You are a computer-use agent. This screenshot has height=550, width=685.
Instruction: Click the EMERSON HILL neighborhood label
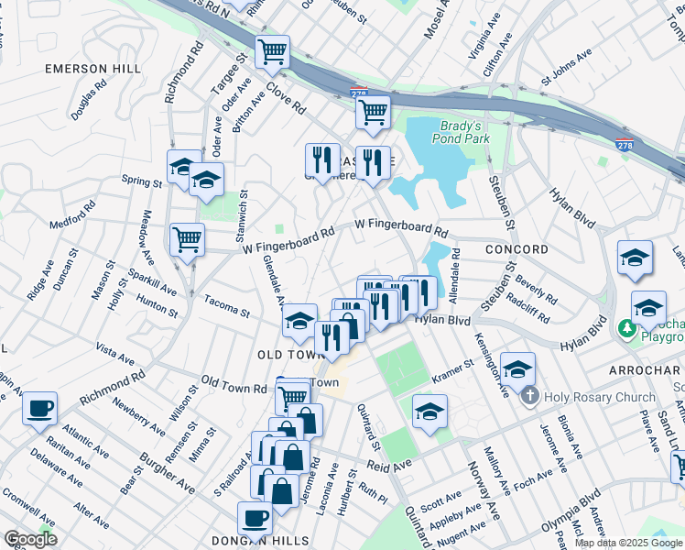click(x=93, y=69)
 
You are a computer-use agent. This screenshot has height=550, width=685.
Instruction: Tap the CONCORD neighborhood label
click(x=516, y=249)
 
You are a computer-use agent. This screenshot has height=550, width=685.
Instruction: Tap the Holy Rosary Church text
click(x=600, y=397)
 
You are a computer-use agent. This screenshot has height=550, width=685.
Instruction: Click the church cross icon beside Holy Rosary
click(x=528, y=397)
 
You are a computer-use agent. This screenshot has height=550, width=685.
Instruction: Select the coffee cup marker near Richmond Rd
click(x=39, y=409)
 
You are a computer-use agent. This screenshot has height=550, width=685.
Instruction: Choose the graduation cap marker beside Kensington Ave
click(x=517, y=368)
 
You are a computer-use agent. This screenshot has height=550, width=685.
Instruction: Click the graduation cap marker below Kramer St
click(x=429, y=412)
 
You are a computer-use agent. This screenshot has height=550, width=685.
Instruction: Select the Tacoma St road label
click(x=226, y=306)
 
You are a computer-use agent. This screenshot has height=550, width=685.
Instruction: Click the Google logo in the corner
click(x=30, y=539)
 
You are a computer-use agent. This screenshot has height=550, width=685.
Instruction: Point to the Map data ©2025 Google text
click(x=628, y=543)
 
